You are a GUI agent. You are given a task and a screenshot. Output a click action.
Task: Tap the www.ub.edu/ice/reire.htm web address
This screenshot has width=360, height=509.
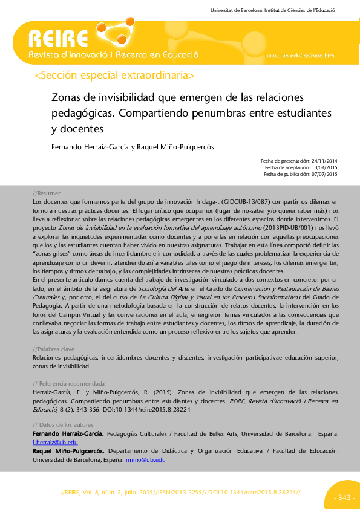pyautogui.click(x=300, y=56)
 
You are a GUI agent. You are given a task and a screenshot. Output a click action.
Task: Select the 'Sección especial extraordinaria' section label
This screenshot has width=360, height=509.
pyautogui.click(x=115, y=76)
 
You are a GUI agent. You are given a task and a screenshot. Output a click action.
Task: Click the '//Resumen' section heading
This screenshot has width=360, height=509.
pyautogui.click(x=47, y=192)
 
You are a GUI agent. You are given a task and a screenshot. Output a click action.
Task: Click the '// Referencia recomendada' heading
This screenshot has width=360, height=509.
pyautogui.click(x=68, y=384)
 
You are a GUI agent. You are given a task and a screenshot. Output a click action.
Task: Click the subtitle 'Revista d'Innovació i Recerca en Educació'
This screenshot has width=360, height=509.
pyautogui.click(x=114, y=55)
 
